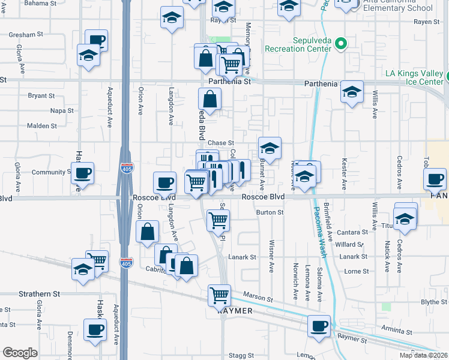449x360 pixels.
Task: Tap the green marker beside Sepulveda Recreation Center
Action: pos(341,43)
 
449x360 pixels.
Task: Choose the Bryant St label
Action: pos(41,95)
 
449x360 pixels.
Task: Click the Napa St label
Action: pos(62,111)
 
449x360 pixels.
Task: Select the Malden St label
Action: pos(41,126)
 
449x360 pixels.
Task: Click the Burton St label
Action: pos(269,212)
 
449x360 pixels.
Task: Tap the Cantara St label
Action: pos(352,232)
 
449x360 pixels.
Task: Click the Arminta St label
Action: pos(396,328)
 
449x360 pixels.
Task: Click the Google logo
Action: pos(20,353)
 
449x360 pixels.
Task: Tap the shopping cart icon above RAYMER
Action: pos(219,295)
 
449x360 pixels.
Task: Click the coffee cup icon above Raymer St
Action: pos(319,325)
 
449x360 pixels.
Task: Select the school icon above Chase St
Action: pos(270,148)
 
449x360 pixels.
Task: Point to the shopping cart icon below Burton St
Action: pos(218,220)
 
